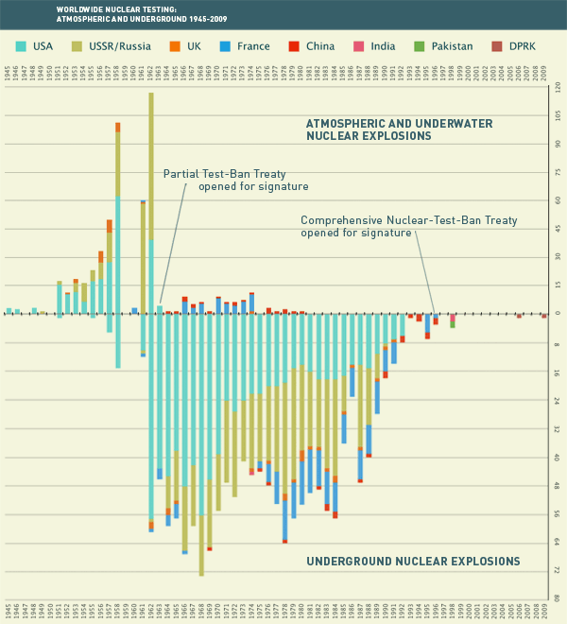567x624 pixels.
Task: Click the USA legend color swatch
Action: pyautogui.click(x=21, y=45)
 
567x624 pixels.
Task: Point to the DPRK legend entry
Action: pyautogui.click(x=537, y=45)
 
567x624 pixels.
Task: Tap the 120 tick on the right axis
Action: pyautogui.click(x=557, y=87)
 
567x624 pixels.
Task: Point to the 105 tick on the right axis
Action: pyautogui.click(x=557, y=115)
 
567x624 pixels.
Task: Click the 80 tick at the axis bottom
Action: pyautogui.click(x=557, y=598)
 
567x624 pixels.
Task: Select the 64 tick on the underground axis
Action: pyautogui.click(x=557, y=541)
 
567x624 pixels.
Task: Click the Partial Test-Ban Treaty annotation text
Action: pyautogui.click(x=223, y=180)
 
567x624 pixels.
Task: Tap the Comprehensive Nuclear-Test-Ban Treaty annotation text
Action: pyautogui.click(x=408, y=226)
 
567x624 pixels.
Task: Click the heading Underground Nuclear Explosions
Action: pyautogui.click(x=413, y=562)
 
